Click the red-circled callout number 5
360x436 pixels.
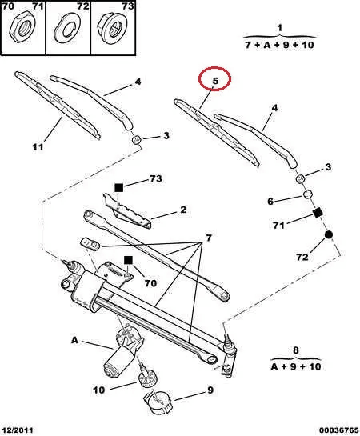(x=215, y=81)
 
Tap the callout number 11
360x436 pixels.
(x=38, y=147)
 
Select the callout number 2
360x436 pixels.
(x=183, y=210)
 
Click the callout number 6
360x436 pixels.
(x=270, y=201)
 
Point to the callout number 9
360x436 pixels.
(x=210, y=390)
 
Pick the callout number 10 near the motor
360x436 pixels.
(x=99, y=390)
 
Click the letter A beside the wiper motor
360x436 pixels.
(x=74, y=340)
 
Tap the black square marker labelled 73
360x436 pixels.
(x=118, y=188)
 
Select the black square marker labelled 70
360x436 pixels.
(x=128, y=260)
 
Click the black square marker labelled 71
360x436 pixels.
(x=318, y=213)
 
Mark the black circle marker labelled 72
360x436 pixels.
(x=328, y=235)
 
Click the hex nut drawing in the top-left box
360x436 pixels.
(x=22, y=28)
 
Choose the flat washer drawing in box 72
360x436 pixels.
(x=67, y=29)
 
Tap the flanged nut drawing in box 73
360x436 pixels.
(x=112, y=29)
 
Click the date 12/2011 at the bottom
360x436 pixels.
(x=18, y=430)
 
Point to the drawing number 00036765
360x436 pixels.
(x=338, y=430)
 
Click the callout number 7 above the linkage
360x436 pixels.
(x=209, y=238)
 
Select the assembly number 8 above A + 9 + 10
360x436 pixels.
(x=295, y=350)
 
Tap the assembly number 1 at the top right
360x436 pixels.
(x=280, y=28)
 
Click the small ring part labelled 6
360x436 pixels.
(x=307, y=194)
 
